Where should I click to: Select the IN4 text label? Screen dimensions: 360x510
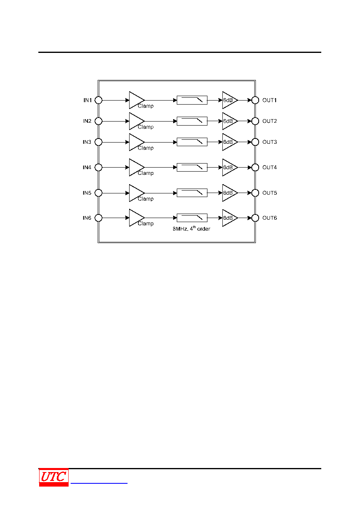pyautogui.click(x=87, y=167)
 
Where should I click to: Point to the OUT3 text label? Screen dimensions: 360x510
pyautogui.click(x=270, y=142)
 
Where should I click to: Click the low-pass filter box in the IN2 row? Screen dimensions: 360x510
pyautogui.click(x=192, y=121)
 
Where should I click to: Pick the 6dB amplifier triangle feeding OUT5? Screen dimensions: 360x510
pyautogui.click(x=230, y=193)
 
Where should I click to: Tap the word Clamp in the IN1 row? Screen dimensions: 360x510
pyautogui.click(x=146, y=106)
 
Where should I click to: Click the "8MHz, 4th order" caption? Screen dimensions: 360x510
pyautogui.click(x=191, y=229)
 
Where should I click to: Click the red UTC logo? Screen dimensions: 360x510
pyautogui.click(x=54, y=477)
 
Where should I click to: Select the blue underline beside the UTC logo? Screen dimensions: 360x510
pyautogui.click(x=99, y=483)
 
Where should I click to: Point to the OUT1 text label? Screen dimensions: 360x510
pyautogui.click(x=270, y=100)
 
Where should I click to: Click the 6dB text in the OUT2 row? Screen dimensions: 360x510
pyautogui.click(x=228, y=121)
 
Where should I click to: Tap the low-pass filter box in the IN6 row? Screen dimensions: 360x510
pyautogui.click(x=192, y=218)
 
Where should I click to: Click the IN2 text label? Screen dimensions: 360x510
pyautogui.click(x=87, y=121)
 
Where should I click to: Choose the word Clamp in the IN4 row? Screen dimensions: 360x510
pyautogui.click(x=146, y=173)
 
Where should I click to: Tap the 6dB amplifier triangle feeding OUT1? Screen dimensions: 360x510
pyautogui.click(x=230, y=100)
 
